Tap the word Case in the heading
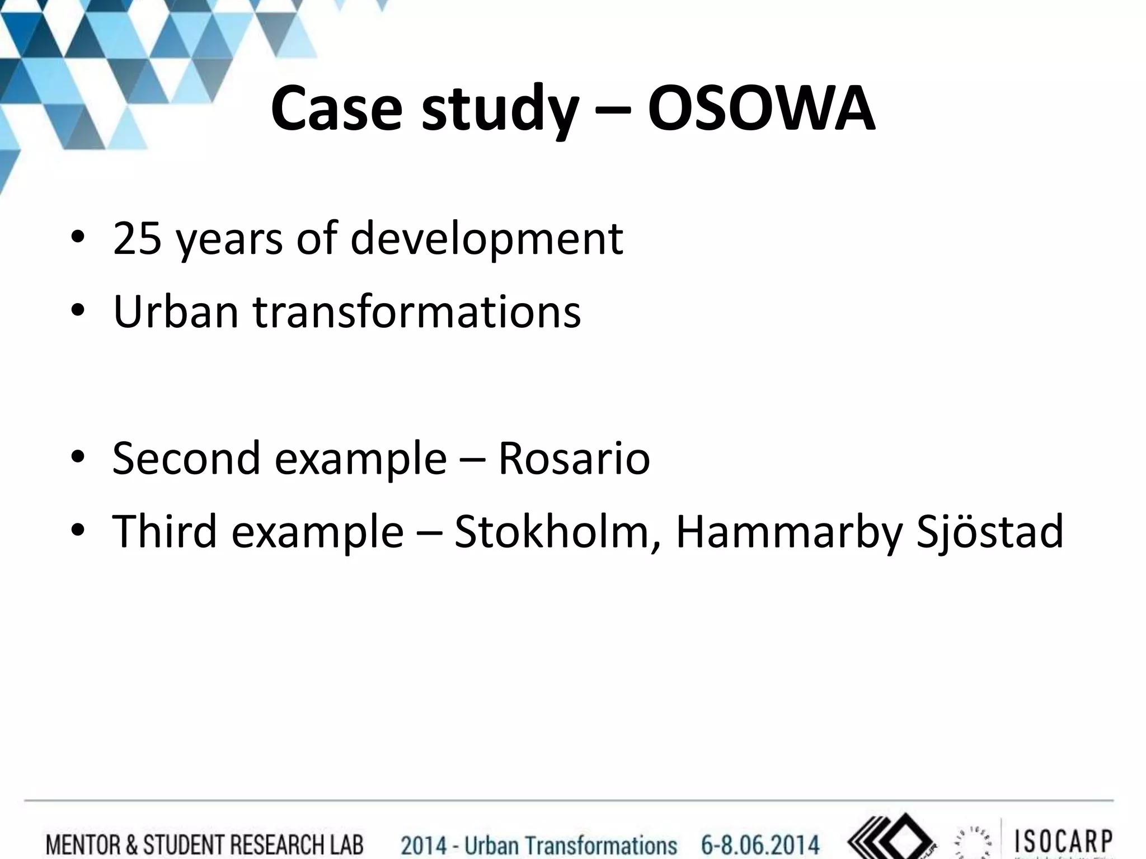coord(336,109)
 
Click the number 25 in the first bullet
coord(138,239)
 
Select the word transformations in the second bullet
coord(417,311)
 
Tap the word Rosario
coord(574,459)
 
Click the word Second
coord(186,459)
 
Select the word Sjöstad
coord(989,532)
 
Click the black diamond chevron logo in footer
coord(890,839)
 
